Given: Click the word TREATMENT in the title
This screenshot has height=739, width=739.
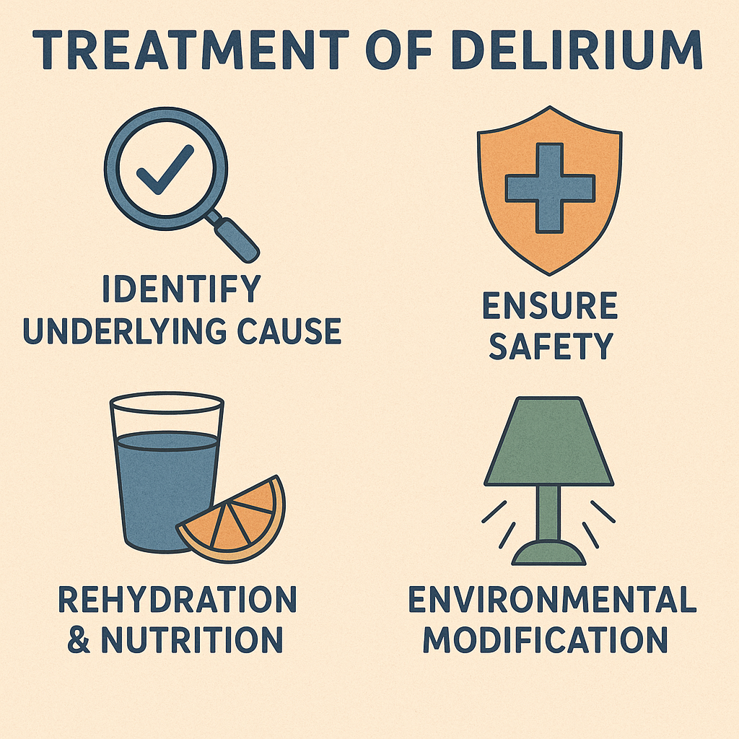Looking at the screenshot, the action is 190,50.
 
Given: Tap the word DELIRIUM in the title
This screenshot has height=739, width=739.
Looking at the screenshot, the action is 577,50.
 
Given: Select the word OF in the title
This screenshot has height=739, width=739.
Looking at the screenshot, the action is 399,50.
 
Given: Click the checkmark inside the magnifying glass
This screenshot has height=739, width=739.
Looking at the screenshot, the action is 165,169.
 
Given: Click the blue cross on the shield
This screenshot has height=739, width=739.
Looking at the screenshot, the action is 550,188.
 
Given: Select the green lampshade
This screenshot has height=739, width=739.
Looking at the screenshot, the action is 548,441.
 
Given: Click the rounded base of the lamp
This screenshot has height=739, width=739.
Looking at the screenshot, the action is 548,552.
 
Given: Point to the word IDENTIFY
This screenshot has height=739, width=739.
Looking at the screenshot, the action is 181,289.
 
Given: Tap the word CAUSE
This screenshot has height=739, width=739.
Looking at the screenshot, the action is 289,331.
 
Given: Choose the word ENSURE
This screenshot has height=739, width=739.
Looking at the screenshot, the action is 550,305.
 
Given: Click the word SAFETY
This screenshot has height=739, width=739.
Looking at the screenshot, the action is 551,346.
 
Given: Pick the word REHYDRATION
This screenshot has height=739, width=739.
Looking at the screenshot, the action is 178,600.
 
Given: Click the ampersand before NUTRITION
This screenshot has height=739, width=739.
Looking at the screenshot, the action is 79,639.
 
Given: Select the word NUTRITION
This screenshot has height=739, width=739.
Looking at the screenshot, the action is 192,639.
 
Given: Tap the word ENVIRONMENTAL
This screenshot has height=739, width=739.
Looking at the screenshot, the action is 552,599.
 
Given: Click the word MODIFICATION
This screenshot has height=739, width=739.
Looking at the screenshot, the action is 546,639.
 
